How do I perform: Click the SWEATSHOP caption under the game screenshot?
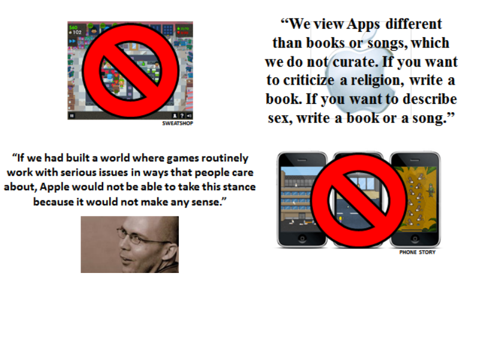[178, 123]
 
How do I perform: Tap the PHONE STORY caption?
[417, 252]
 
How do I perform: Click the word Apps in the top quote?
[364, 25]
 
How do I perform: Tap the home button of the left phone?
[302, 238]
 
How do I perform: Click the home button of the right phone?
[415, 238]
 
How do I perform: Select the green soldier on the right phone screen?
[431, 190]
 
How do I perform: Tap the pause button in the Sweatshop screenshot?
[72, 116]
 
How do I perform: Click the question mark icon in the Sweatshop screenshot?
[182, 116]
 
